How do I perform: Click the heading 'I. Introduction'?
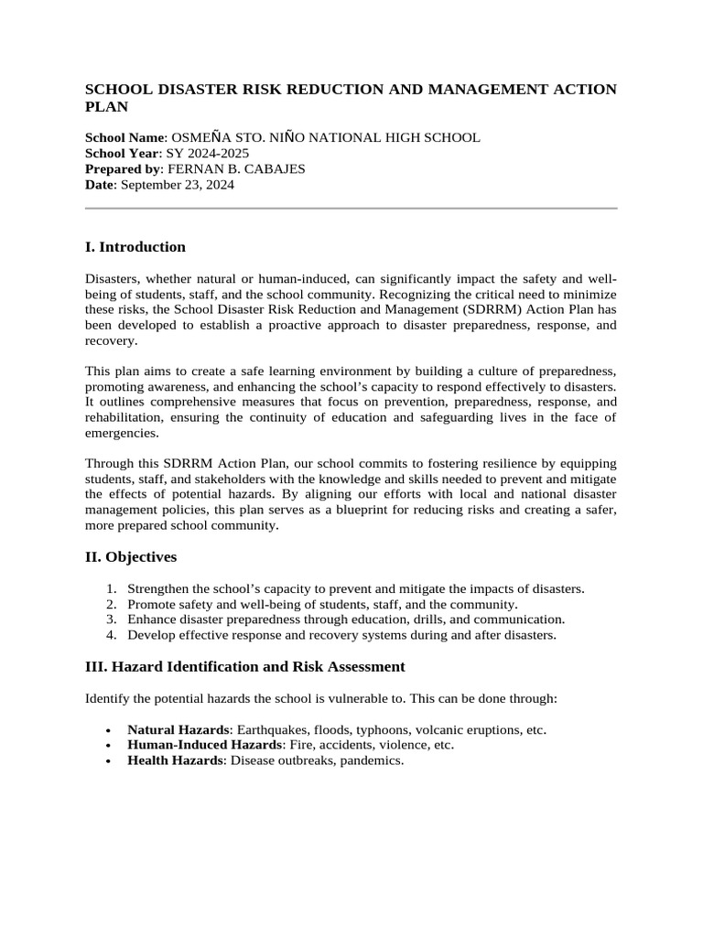135,247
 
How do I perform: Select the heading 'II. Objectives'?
131,557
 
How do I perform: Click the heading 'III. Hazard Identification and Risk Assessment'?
245,667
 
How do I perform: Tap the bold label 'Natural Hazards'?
178,730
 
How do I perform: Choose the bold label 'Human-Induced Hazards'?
200,745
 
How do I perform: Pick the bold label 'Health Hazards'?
174,760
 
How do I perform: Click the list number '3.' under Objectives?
111,619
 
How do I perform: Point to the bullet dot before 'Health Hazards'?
109,761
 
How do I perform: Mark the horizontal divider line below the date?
351,209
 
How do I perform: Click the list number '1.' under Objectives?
111,589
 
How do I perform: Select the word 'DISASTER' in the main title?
193,90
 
